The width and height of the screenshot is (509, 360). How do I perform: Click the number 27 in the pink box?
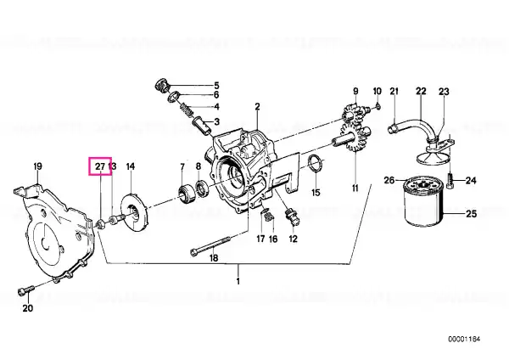pyautogui.click(x=100, y=166)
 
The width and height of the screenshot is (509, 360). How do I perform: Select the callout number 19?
pyautogui.click(x=38, y=166)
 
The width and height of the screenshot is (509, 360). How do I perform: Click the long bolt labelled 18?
pyautogui.click(x=210, y=246)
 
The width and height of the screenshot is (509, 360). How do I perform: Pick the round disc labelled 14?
pyautogui.click(x=134, y=213)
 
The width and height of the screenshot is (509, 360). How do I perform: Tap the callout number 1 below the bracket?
pyautogui.click(x=238, y=281)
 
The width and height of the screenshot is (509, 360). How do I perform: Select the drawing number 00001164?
pyautogui.click(x=464, y=340)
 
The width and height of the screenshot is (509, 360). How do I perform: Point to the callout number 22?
pyautogui.click(x=421, y=91)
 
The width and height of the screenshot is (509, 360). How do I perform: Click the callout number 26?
pyautogui.click(x=389, y=180)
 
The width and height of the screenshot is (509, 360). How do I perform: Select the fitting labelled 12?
pyautogui.click(x=291, y=217)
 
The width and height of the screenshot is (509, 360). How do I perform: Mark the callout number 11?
pyautogui.click(x=355, y=188)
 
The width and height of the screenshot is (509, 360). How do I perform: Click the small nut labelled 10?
pyautogui.click(x=378, y=106)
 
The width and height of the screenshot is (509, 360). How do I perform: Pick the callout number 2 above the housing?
pyautogui.click(x=257, y=106)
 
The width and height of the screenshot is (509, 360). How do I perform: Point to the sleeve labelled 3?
pyautogui.click(x=201, y=126)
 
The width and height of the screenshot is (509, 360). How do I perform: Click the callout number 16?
pyautogui.click(x=273, y=239)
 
